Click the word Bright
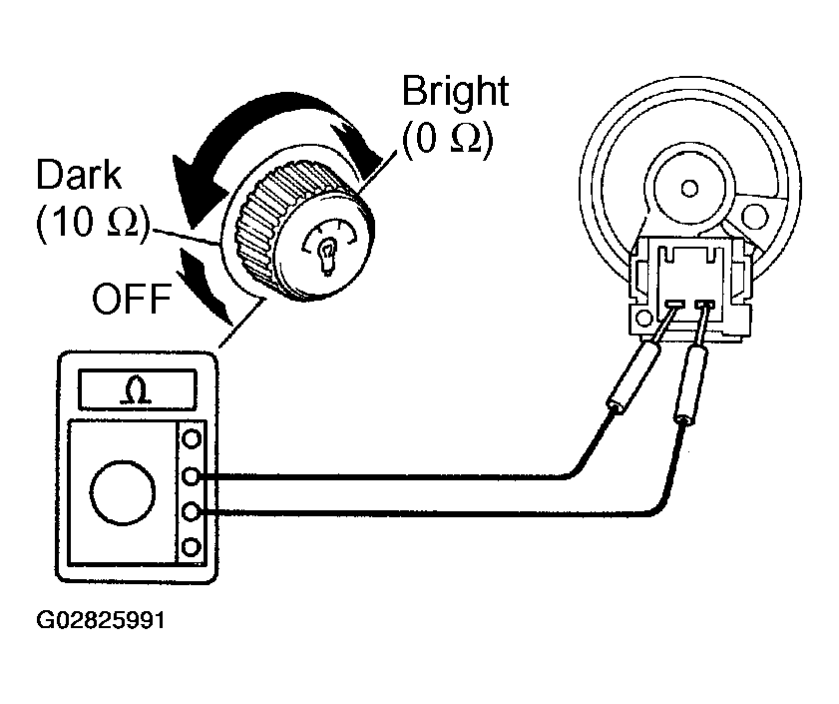click(455, 92)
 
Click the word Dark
click(79, 175)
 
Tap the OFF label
click(132, 299)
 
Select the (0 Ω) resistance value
click(447, 139)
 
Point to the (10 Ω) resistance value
click(93, 222)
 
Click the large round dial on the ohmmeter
click(123, 492)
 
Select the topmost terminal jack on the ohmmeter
click(192, 438)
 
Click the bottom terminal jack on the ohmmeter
click(192, 547)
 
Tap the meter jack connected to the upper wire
click(192, 475)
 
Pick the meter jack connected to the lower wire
click(192, 512)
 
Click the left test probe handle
click(633, 376)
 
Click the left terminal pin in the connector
click(675, 305)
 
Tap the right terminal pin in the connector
click(704, 305)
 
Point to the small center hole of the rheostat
click(689, 188)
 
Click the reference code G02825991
click(101, 620)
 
